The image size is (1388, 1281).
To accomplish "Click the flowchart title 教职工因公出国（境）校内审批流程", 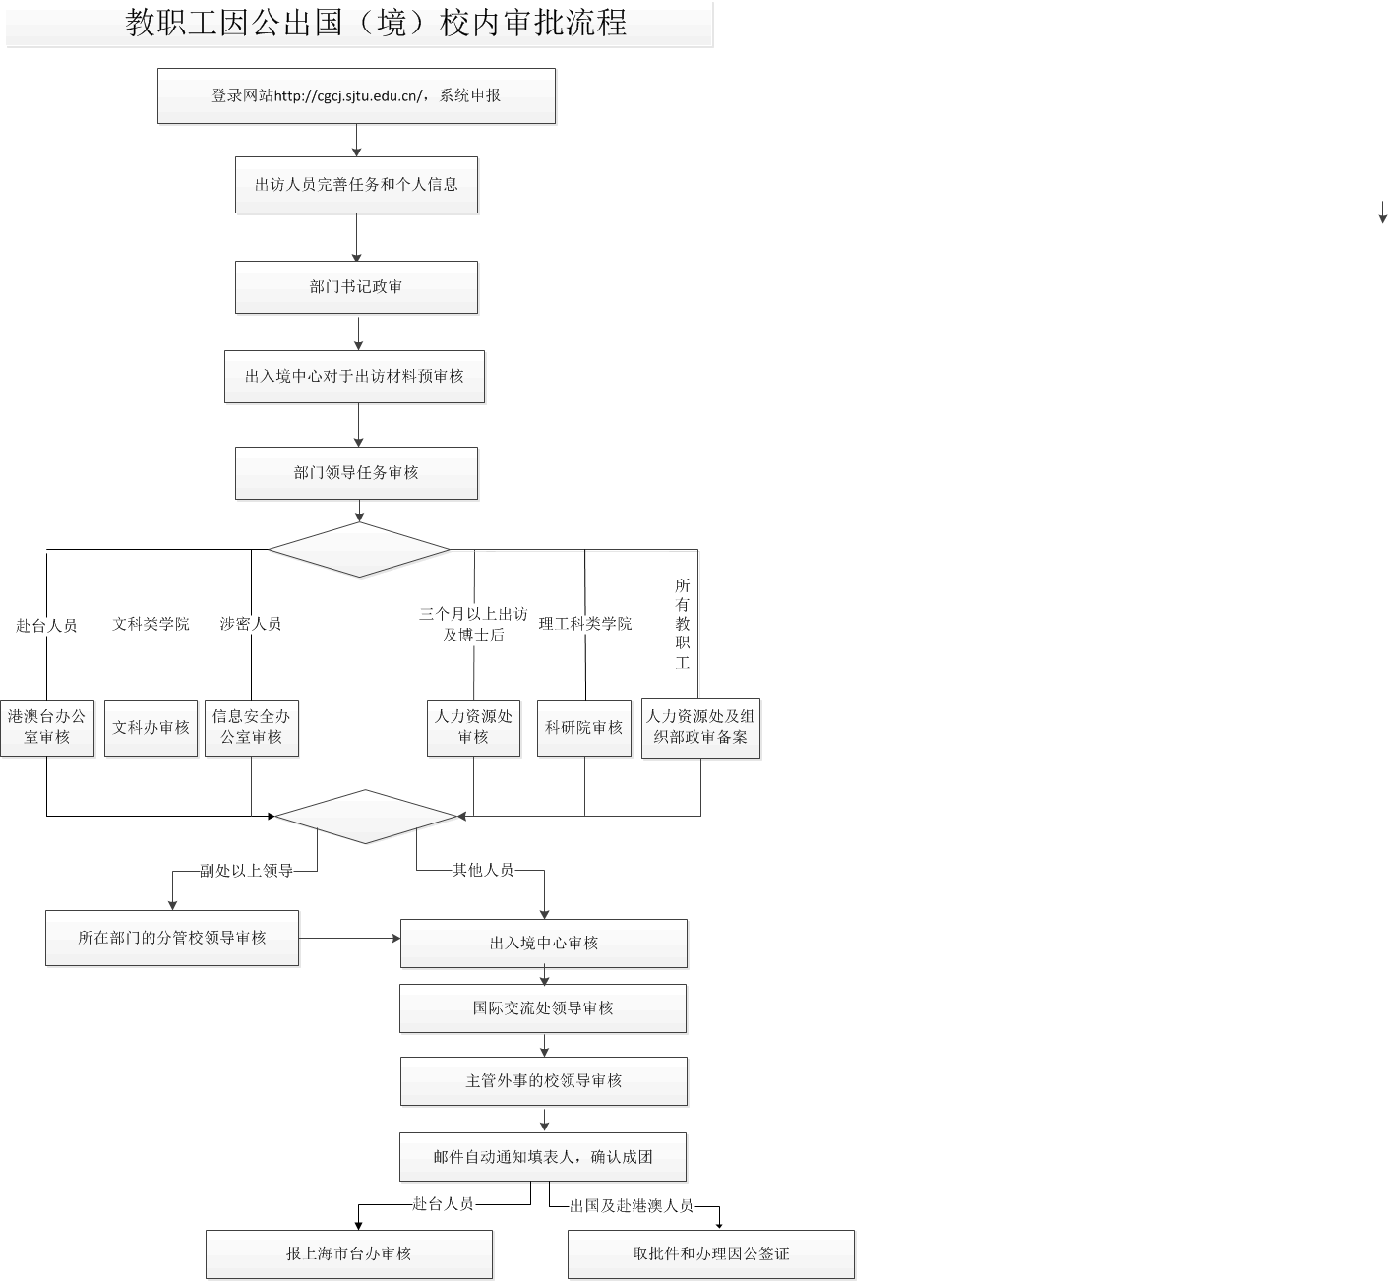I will coord(376,23).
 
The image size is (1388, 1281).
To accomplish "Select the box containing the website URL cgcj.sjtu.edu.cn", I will coord(356,95).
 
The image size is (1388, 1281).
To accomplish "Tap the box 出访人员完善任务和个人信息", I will coord(356,184).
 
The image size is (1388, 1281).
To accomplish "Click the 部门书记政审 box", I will coord(356,287).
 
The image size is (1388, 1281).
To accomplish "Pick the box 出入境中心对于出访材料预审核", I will coord(354,376).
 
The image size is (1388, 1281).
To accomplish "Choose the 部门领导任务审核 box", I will coord(356,473).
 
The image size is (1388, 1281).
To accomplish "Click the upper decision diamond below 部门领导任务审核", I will coord(359,549).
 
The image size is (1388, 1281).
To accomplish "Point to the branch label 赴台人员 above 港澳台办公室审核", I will coord(46,625).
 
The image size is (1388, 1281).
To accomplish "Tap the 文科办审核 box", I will coord(151,727).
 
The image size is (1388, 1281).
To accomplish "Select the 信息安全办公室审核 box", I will coord(251,727).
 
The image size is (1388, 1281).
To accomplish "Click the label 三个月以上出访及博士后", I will coord(473,624).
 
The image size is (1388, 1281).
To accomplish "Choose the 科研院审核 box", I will coord(584,727).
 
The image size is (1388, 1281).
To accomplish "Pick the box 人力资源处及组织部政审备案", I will coord(700,727).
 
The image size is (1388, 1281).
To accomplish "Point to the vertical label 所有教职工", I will coord(683,623).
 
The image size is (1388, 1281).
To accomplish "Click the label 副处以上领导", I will coord(246,871).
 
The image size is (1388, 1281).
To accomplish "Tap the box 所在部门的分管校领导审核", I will coord(172,938).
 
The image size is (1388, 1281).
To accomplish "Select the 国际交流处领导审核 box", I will coord(543,1008).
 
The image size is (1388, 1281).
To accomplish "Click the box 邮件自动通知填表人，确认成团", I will coord(543,1157).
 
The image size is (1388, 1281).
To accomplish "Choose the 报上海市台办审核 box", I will coord(349,1254).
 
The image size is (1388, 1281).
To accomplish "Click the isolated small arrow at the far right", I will coord(1382,213).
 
